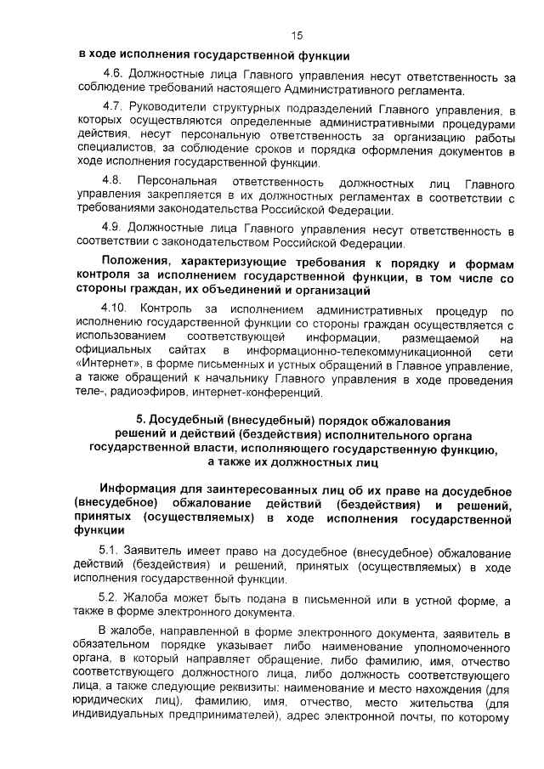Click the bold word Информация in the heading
pos(139,492)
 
